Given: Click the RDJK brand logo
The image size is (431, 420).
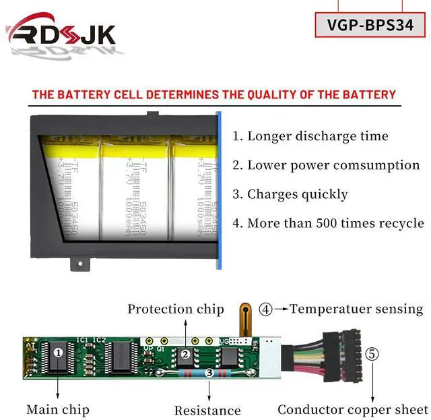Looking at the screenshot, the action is coord(61,34).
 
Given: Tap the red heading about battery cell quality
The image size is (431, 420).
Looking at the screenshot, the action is coord(214,94).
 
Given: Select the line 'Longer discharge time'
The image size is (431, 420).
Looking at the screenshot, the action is coord(310,136).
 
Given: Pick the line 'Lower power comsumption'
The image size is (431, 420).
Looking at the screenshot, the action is coord(326,165).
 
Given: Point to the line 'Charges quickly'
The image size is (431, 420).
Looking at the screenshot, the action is coord(290,194).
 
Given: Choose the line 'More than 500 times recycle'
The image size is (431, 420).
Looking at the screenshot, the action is coord(328,223).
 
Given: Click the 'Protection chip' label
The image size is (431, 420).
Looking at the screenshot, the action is coord(176,309).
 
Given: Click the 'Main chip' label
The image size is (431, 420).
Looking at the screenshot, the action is coord(58,409).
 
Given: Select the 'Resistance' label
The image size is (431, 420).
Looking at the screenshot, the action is coord(207,410).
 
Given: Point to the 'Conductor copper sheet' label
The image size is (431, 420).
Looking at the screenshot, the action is coord(352,409).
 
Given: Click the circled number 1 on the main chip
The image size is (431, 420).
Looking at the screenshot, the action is coord(59,352).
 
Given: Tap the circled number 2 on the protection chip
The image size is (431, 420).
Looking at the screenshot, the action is coord(185,353).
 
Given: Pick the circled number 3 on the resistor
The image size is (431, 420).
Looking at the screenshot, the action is coord(209,372).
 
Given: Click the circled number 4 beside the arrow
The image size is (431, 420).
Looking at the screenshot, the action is coord(265,309).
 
